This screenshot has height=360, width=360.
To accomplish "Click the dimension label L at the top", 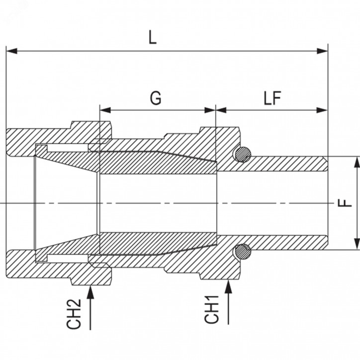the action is (x=153, y=37).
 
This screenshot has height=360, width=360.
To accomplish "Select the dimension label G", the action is (x=156, y=98).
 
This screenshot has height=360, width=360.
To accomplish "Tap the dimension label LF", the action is (x=272, y=98).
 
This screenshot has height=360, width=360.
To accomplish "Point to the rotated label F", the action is (x=345, y=203).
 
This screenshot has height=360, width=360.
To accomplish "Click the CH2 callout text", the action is (x=74, y=314).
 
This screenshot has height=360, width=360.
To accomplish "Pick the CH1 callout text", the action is (x=211, y=310).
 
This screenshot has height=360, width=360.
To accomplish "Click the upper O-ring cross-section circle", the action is (x=243, y=154).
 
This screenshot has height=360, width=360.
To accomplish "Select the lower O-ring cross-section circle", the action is (x=243, y=252).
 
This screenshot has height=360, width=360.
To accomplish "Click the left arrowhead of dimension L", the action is (x=12, y=51).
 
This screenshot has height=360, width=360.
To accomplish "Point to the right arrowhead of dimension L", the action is (x=322, y=51).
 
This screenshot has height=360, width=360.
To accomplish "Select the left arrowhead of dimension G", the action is (x=105, y=110).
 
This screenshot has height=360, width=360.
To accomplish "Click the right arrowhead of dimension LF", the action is (x=322, y=110).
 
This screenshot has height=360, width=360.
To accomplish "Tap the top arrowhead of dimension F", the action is (x=357, y=162).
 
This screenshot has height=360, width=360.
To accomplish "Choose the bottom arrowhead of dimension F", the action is (x=357, y=244).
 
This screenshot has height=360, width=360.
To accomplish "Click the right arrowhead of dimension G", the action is (x=210, y=110).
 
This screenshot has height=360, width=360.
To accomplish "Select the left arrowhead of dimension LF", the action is (x=221, y=110).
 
